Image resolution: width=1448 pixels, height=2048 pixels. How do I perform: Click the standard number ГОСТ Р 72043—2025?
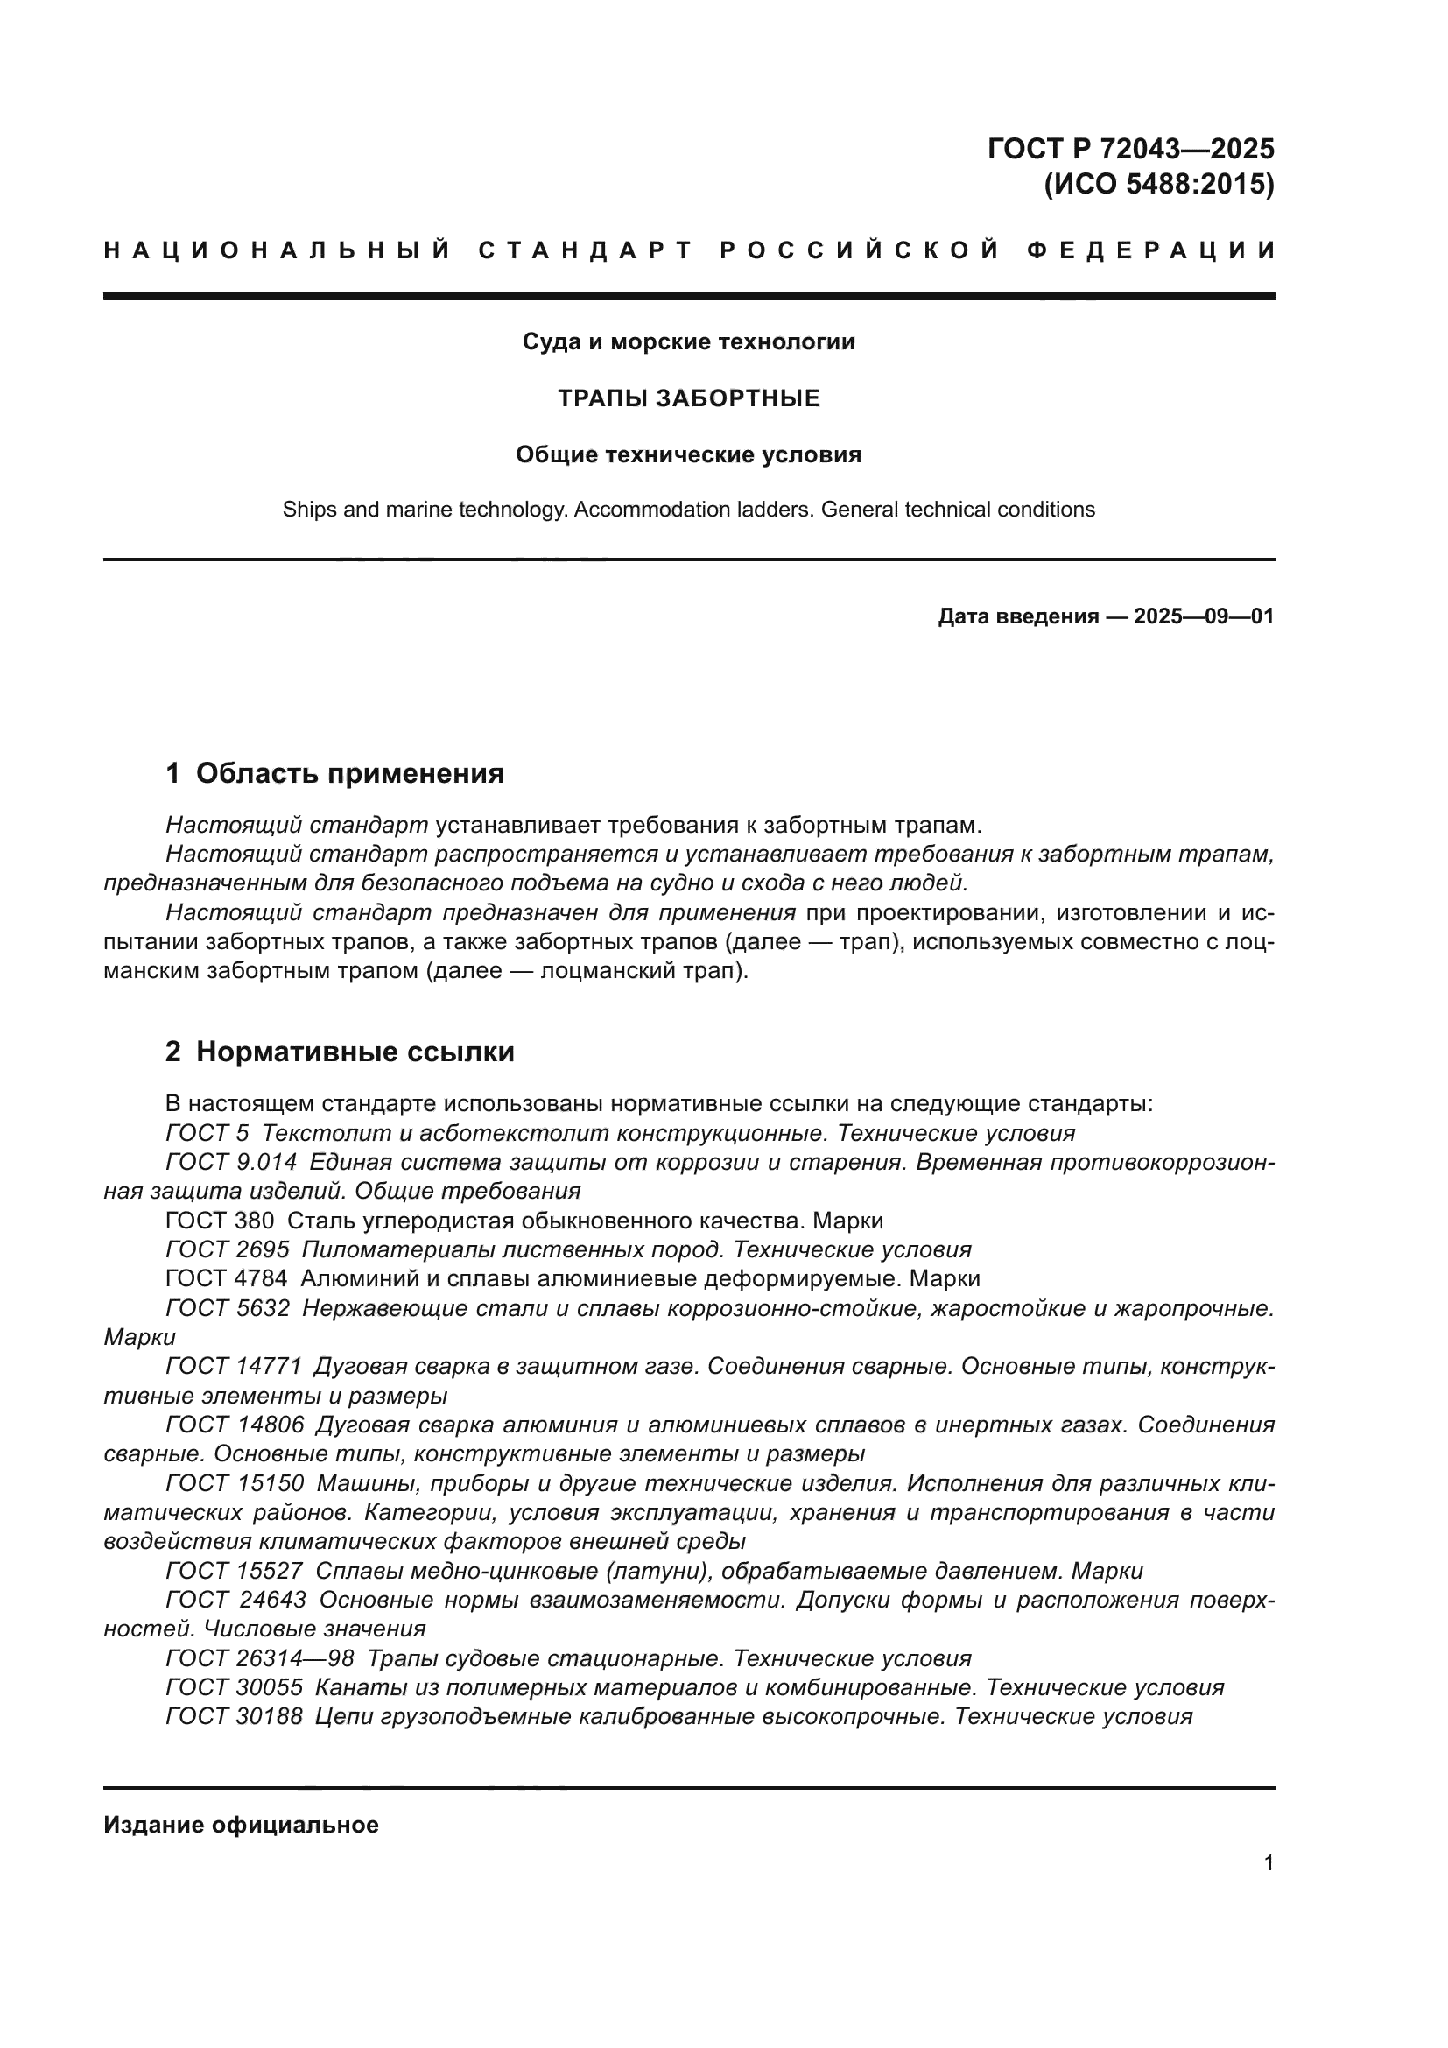point(1129,148)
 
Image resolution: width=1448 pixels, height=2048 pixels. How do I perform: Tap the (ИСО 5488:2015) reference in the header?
point(1158,185)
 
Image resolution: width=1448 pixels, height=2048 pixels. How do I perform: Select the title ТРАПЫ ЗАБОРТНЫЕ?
point(688,398)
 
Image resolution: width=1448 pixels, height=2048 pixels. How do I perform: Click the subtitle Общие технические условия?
point(688,455)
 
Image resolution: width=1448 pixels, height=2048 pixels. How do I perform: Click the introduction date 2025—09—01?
point(1203,616)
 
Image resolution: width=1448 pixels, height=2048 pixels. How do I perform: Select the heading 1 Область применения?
point(334,773)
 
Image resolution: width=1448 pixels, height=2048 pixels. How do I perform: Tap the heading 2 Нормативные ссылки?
point(340,1052)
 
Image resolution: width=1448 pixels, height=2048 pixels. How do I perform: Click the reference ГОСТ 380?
point(220,1221)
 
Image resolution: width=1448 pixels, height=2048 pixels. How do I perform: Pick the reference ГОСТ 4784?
point(227,1278)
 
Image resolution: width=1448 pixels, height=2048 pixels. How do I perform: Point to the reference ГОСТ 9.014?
point(231,1162)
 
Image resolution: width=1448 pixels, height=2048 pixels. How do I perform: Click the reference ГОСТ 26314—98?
point(259,1658)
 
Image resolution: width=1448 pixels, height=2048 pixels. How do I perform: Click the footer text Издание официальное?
point(241,1825)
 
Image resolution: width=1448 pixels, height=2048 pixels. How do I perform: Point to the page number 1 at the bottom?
point(1268,1863)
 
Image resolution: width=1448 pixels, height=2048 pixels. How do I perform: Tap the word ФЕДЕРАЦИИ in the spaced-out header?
point(1150,250)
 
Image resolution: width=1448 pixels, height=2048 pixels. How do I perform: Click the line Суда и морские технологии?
point(688,341)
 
